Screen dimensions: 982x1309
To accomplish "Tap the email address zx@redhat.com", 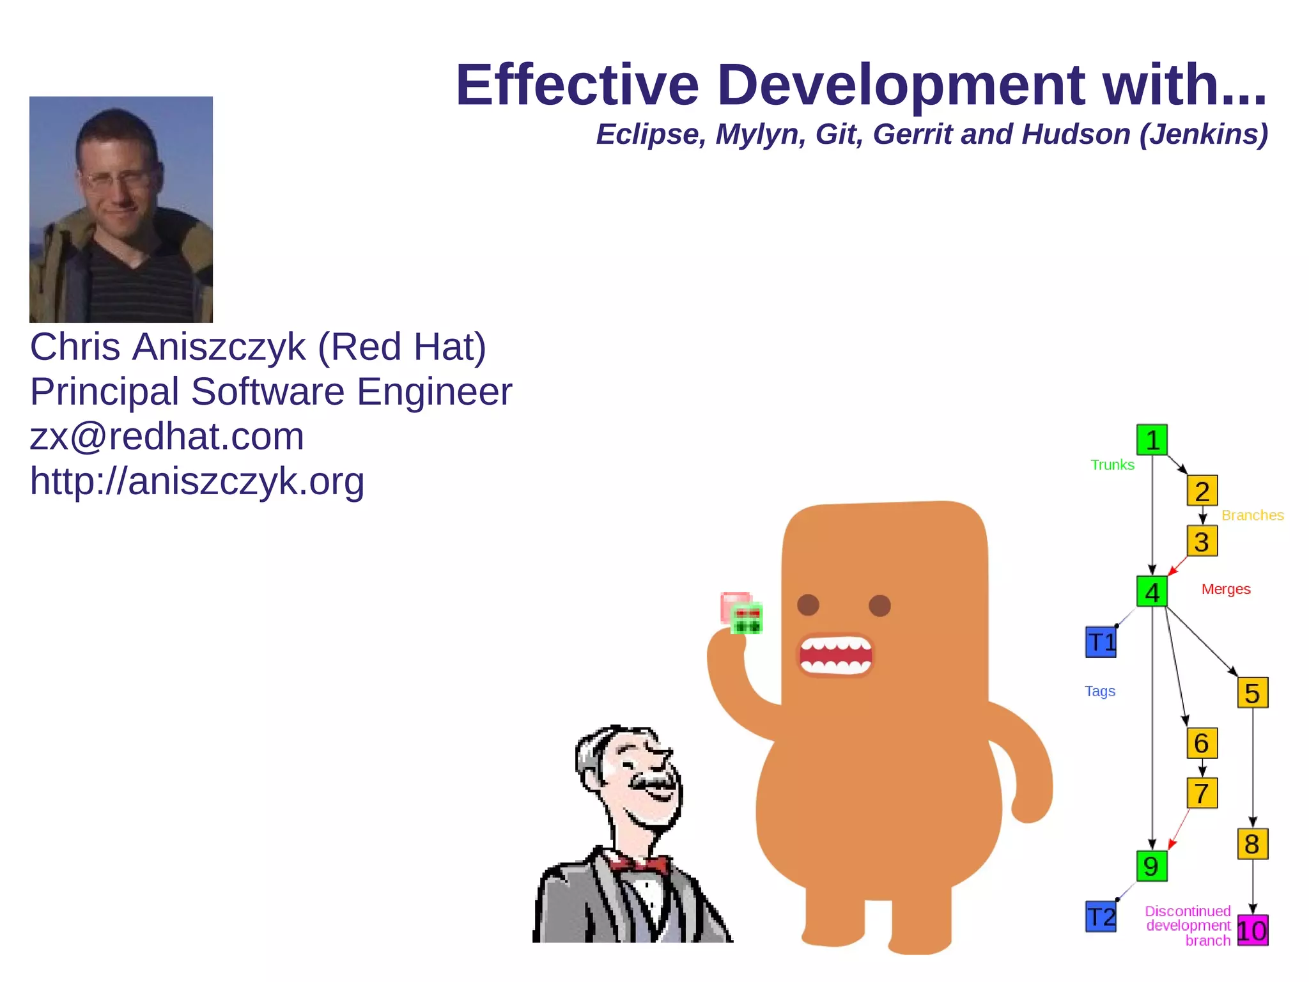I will (x=167, y=437).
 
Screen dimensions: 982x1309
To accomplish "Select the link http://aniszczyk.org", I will (x=197, y=481).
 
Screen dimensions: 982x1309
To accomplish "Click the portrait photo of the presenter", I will (x=121, y=209).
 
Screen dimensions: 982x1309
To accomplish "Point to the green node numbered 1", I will (x=1152, y=440).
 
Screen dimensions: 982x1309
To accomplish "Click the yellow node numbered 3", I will (x=1202, y=541).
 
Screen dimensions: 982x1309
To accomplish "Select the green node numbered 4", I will (x=1152, y=591).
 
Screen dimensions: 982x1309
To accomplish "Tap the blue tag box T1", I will (x=1101, y=642).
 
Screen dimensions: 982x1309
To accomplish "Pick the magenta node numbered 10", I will (x=1252, y=930).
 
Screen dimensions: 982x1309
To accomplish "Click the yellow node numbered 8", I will (x=1252, y=844).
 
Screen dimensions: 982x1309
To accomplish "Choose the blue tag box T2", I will (x=1101, y=917).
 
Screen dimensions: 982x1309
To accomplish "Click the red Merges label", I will (x=1225, y=589).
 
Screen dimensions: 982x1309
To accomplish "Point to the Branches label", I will (x=1252, y=515).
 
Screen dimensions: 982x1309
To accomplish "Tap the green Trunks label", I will (x=1112, y=465).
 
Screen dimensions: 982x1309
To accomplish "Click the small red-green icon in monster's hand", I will (x=742, y=613).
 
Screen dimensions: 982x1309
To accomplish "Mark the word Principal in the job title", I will (x=104, y=392).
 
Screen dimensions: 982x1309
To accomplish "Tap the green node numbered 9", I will (x=1151, y=866).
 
